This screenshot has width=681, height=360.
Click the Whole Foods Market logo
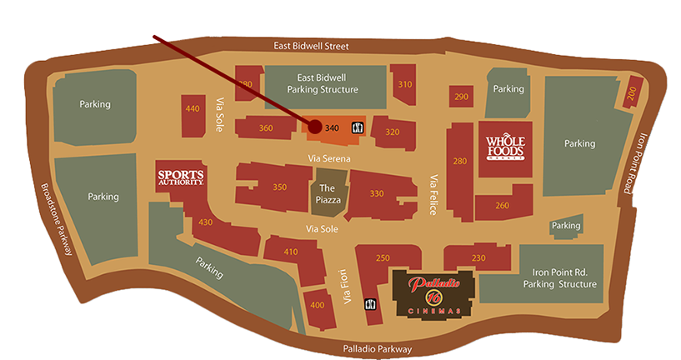coord(505,147)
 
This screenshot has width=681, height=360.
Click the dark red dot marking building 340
coord(315,127)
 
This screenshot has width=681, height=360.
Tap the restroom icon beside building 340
coord(357,127)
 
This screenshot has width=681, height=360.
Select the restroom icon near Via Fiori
coord(368,305)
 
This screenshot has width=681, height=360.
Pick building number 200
coord(631,96)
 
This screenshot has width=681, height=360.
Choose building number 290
coord(462,97)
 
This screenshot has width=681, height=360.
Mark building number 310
coord(405,84)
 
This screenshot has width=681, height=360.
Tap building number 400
coord(317,305)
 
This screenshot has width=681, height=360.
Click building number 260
coord(502,205)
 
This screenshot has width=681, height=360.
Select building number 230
coord(478,258)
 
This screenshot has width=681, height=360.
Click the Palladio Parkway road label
coord(378,348)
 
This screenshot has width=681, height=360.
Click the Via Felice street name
coord(433,195)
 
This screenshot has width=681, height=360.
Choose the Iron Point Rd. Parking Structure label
coord(559,278)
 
